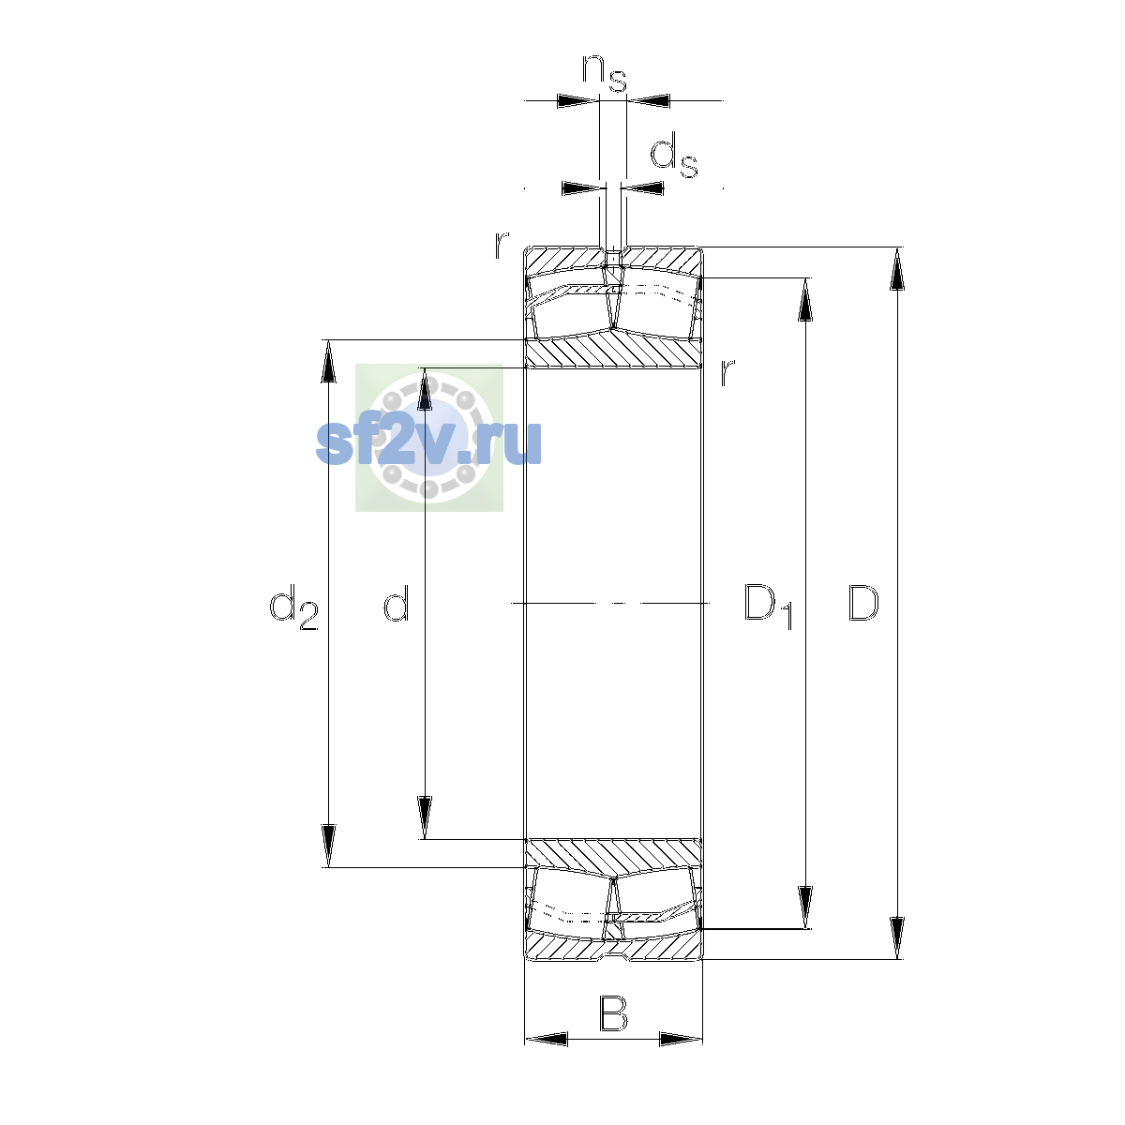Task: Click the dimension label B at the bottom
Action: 613,1013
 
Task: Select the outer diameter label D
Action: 862,603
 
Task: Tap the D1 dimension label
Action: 769,607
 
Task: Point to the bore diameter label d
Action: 396,602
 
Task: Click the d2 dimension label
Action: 293,607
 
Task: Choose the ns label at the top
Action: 605,73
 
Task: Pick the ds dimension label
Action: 674,155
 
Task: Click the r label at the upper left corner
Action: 502,245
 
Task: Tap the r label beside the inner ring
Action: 727,372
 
